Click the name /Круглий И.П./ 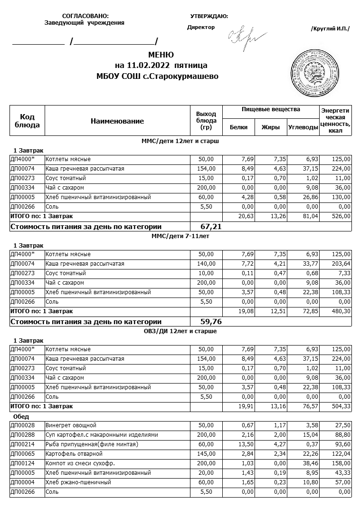tap(330, 29)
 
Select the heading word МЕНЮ tap(161, 55)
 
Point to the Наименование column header tap(117, 121)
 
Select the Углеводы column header tap(303, 127)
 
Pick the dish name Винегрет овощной tap(67, 425)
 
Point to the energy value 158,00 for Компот tap(341, 463)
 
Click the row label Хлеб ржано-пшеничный tap(78, 482)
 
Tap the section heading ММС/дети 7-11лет tap(180, 236)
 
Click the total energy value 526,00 tap(341, 216)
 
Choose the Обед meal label tap(21, 417)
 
